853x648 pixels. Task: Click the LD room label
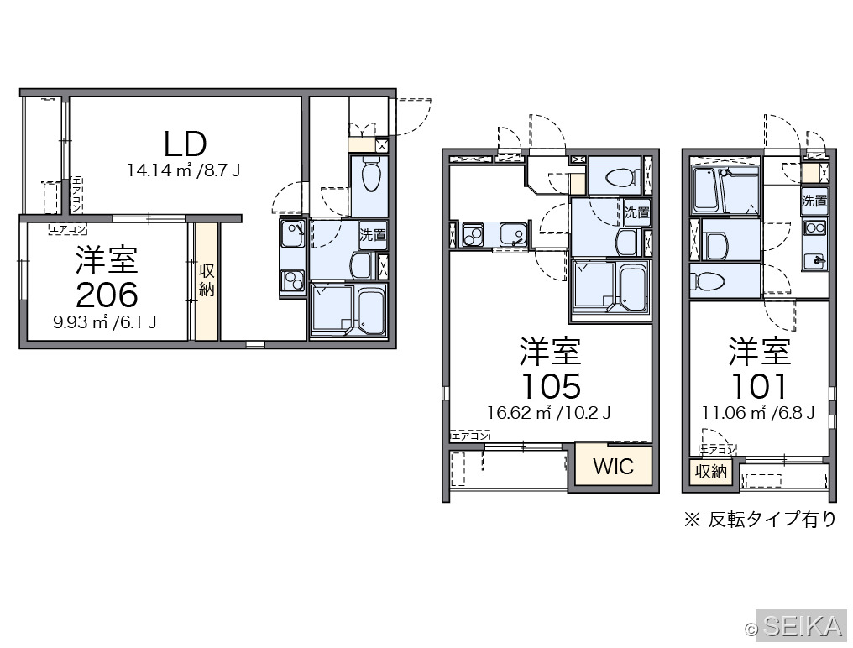click(x=186, y=144)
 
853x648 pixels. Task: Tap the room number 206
click(x=107, y=295)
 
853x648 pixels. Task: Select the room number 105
click(x=551, y=386)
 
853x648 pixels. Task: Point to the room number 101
click(x=759, y=386)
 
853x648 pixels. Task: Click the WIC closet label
click(x=613, y=467)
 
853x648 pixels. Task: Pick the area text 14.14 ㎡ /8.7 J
click(x=183, y=170)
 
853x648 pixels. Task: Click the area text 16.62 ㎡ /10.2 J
click(x=548, y=413)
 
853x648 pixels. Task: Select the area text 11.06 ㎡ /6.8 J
click(x=758, y=413)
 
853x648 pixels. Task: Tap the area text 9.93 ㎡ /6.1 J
click(x=104, y=322)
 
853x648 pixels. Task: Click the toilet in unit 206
click(x=372, y=174)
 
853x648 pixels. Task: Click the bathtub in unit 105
click(x=633, y=289)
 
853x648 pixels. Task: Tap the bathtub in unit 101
click(x=705, y=191)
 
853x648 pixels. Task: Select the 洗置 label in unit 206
click(x=373, y=235)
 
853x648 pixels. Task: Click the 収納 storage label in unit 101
click(x=711, y=471)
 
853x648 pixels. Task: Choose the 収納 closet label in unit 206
click(x=207, y=280)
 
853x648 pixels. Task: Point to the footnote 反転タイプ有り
click(x=772, y=520)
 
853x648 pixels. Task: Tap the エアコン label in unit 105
click(x=470, y=436)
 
